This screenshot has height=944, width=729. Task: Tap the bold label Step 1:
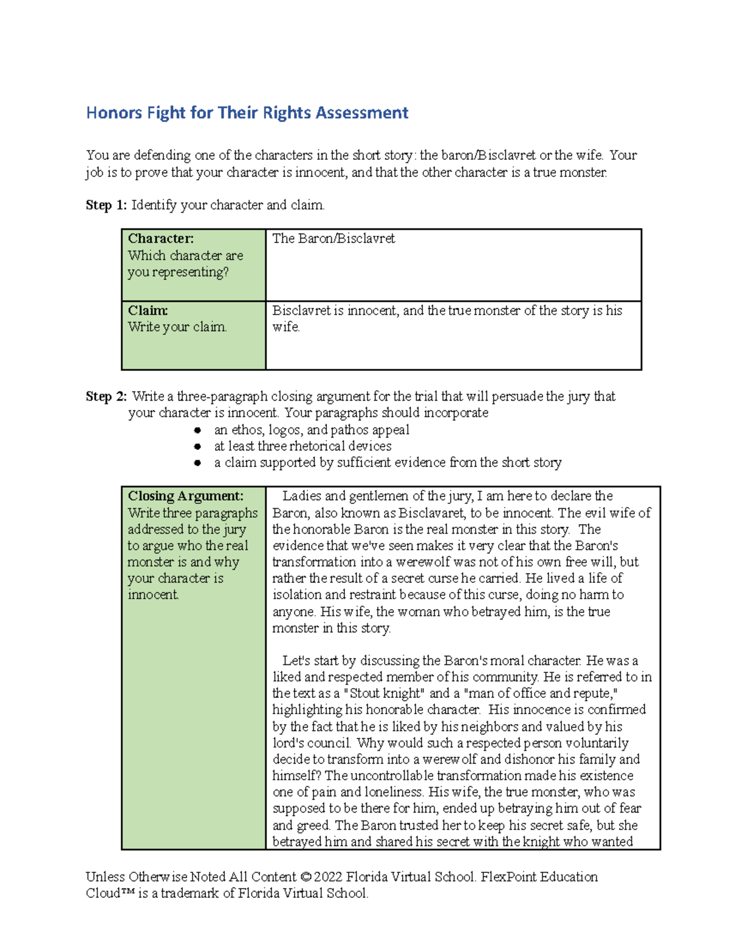(x=106, y=205)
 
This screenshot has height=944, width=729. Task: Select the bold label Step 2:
(x=106, y=397)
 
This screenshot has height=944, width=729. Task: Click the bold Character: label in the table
(x=160, y=239)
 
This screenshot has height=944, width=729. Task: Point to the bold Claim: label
(x=148, y=311)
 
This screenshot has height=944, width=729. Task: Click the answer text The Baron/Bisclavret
(x=334, y=239)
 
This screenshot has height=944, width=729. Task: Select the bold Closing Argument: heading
(x=185, y=496)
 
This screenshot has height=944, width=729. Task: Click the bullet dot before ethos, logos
(x=197, y=430)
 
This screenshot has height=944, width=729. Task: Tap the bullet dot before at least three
(x=197, y=447)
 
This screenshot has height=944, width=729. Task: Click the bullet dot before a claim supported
(x=197, y=463)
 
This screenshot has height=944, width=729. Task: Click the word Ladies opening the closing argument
(x=302, y=497)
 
